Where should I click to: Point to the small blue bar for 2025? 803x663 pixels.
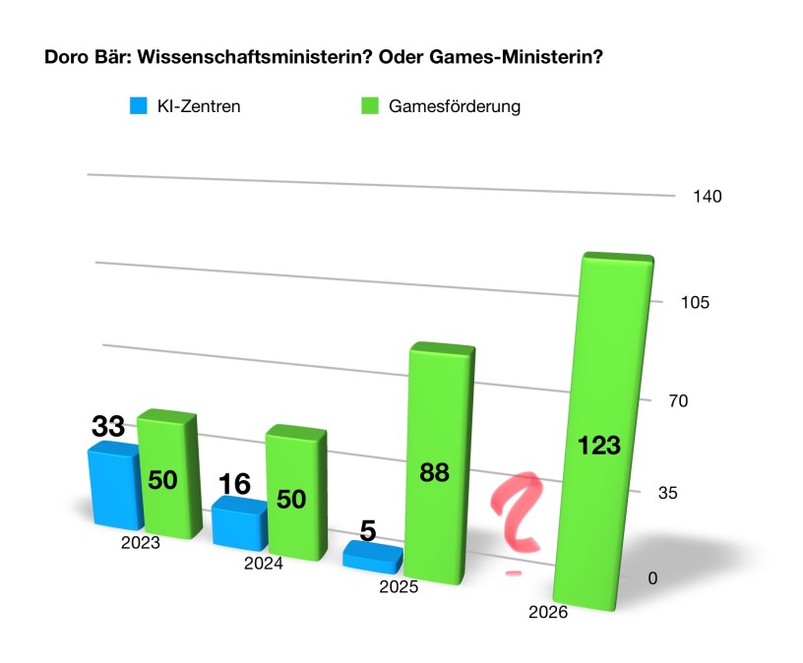[x=371, y=556]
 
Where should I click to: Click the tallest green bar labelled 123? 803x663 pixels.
[x=602, y=433]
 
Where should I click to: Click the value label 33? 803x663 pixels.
[x=107, y=426]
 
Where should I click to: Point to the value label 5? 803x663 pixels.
[x=368, y=531]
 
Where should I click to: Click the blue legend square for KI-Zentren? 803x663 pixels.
[x=138, y=106]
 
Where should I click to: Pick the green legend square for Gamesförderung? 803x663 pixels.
[x=370, y=106]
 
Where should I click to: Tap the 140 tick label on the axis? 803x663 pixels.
[x=708, y=197]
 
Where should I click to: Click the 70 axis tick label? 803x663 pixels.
[x=682, y=401]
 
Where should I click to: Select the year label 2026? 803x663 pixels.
[x=548, y=613]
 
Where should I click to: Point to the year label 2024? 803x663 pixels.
[x=265, y=565]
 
